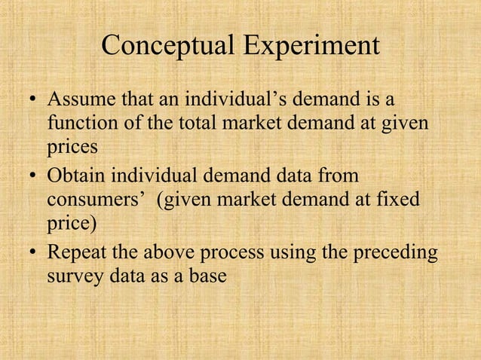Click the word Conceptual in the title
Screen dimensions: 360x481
(x=166, y=46)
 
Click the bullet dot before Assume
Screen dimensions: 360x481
(x=30, y=101)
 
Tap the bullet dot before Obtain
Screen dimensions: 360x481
(x=30, y=179)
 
